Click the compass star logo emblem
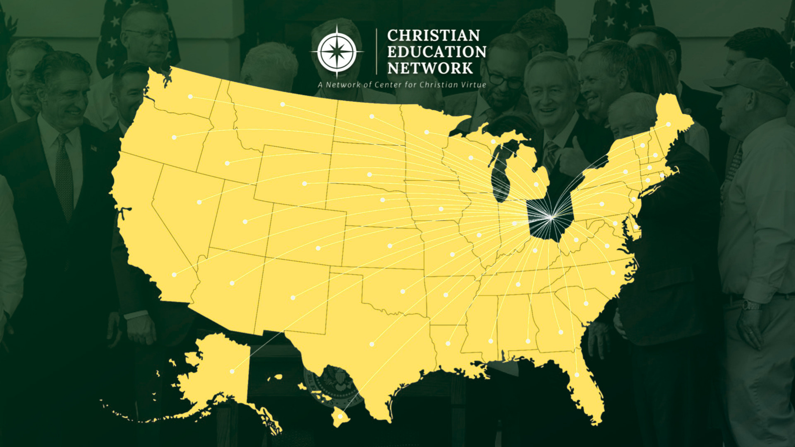(x=337, y=52)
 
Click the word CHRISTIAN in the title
(x=433, y=36)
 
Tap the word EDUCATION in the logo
(x=437, y=52)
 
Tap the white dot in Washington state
(x=190, y=96)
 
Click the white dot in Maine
(x=668, y=124)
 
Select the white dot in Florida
(x=577, y=375)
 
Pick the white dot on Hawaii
(x=340, y=416)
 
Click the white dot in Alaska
(x=232, y=371)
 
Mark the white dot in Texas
(x=372, y=344)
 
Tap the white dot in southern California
(x=174, y=275)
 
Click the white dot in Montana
(x=282, y=104)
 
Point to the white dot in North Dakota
(x=371, y=117)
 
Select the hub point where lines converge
(x=551, y=217)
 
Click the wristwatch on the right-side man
(x=752, y=306)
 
